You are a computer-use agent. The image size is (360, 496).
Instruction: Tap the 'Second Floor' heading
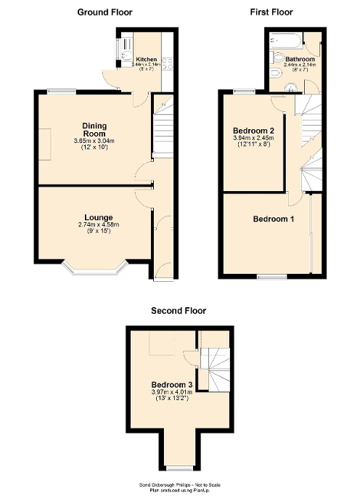pyautogui.click(x=179, y=310)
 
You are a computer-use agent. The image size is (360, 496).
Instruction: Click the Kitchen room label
pyautogui.click(x=147, y=60)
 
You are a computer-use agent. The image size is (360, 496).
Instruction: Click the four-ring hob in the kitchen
pyautogui.click(x=168, y=62)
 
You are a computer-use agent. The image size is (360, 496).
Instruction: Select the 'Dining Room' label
pyautogui.click(x=94, y=129)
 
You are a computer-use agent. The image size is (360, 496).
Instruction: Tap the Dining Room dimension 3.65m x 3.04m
pyautogui.click(x=94, y=141)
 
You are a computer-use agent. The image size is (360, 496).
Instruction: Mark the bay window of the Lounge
pyautogui.click(x=96, y=272)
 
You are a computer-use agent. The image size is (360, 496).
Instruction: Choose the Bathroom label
pyautogui.click(x=299, y=59)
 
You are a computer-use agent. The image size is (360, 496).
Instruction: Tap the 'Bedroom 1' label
pyautogui.click(x=273, y=219)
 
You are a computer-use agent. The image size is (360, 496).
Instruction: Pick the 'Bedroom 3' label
pyautogui.click(x=172, y=384)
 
